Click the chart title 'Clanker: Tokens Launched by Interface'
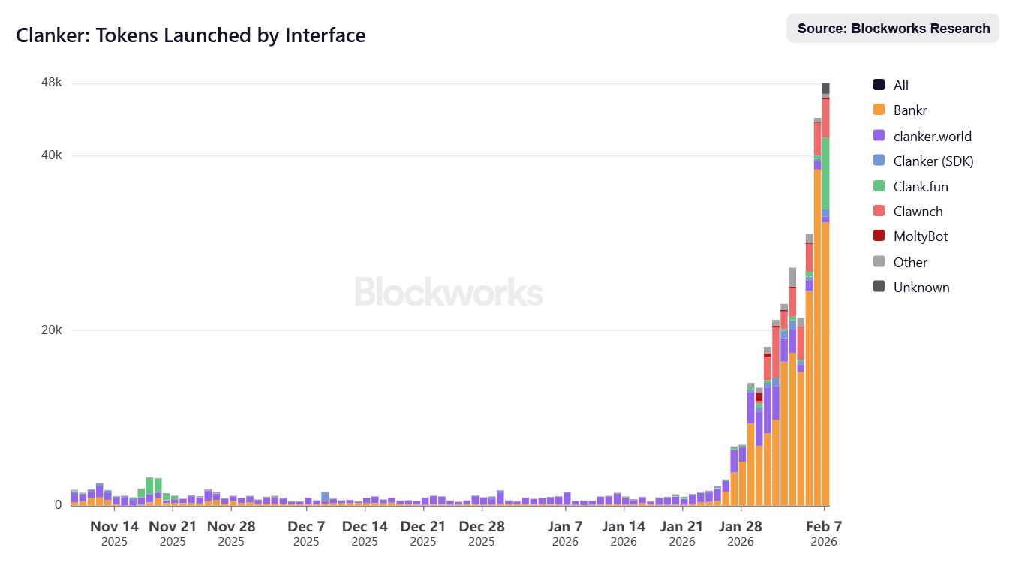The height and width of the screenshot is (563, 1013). coord(191,35)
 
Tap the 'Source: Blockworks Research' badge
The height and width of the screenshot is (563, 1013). coord(893,29)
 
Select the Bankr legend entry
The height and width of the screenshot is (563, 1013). coord(910,110)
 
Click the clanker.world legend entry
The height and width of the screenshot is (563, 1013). coord(932,137)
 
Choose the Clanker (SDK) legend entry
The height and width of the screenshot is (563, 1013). coord(933,161)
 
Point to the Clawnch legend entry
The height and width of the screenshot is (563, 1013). coord(918,212)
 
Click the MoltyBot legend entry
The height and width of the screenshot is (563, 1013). coord(921,236)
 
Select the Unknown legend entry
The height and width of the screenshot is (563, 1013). coord(921,288)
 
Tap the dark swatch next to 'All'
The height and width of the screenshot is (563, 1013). coord(879,85)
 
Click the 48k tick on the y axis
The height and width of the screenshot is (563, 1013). coord(51,83)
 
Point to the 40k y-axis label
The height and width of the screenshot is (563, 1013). coord(51,155)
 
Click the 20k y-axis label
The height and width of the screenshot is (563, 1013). coord(51,330)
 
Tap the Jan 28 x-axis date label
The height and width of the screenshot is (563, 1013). coord(741,526)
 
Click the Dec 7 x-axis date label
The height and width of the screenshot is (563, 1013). coord(306,526)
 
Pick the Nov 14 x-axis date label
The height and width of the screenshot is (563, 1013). coord(115,526)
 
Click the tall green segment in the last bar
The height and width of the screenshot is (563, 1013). coord(825,173)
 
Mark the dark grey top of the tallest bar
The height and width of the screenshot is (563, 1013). coord(825,88)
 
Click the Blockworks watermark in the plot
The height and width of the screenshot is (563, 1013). coord(448,292)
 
